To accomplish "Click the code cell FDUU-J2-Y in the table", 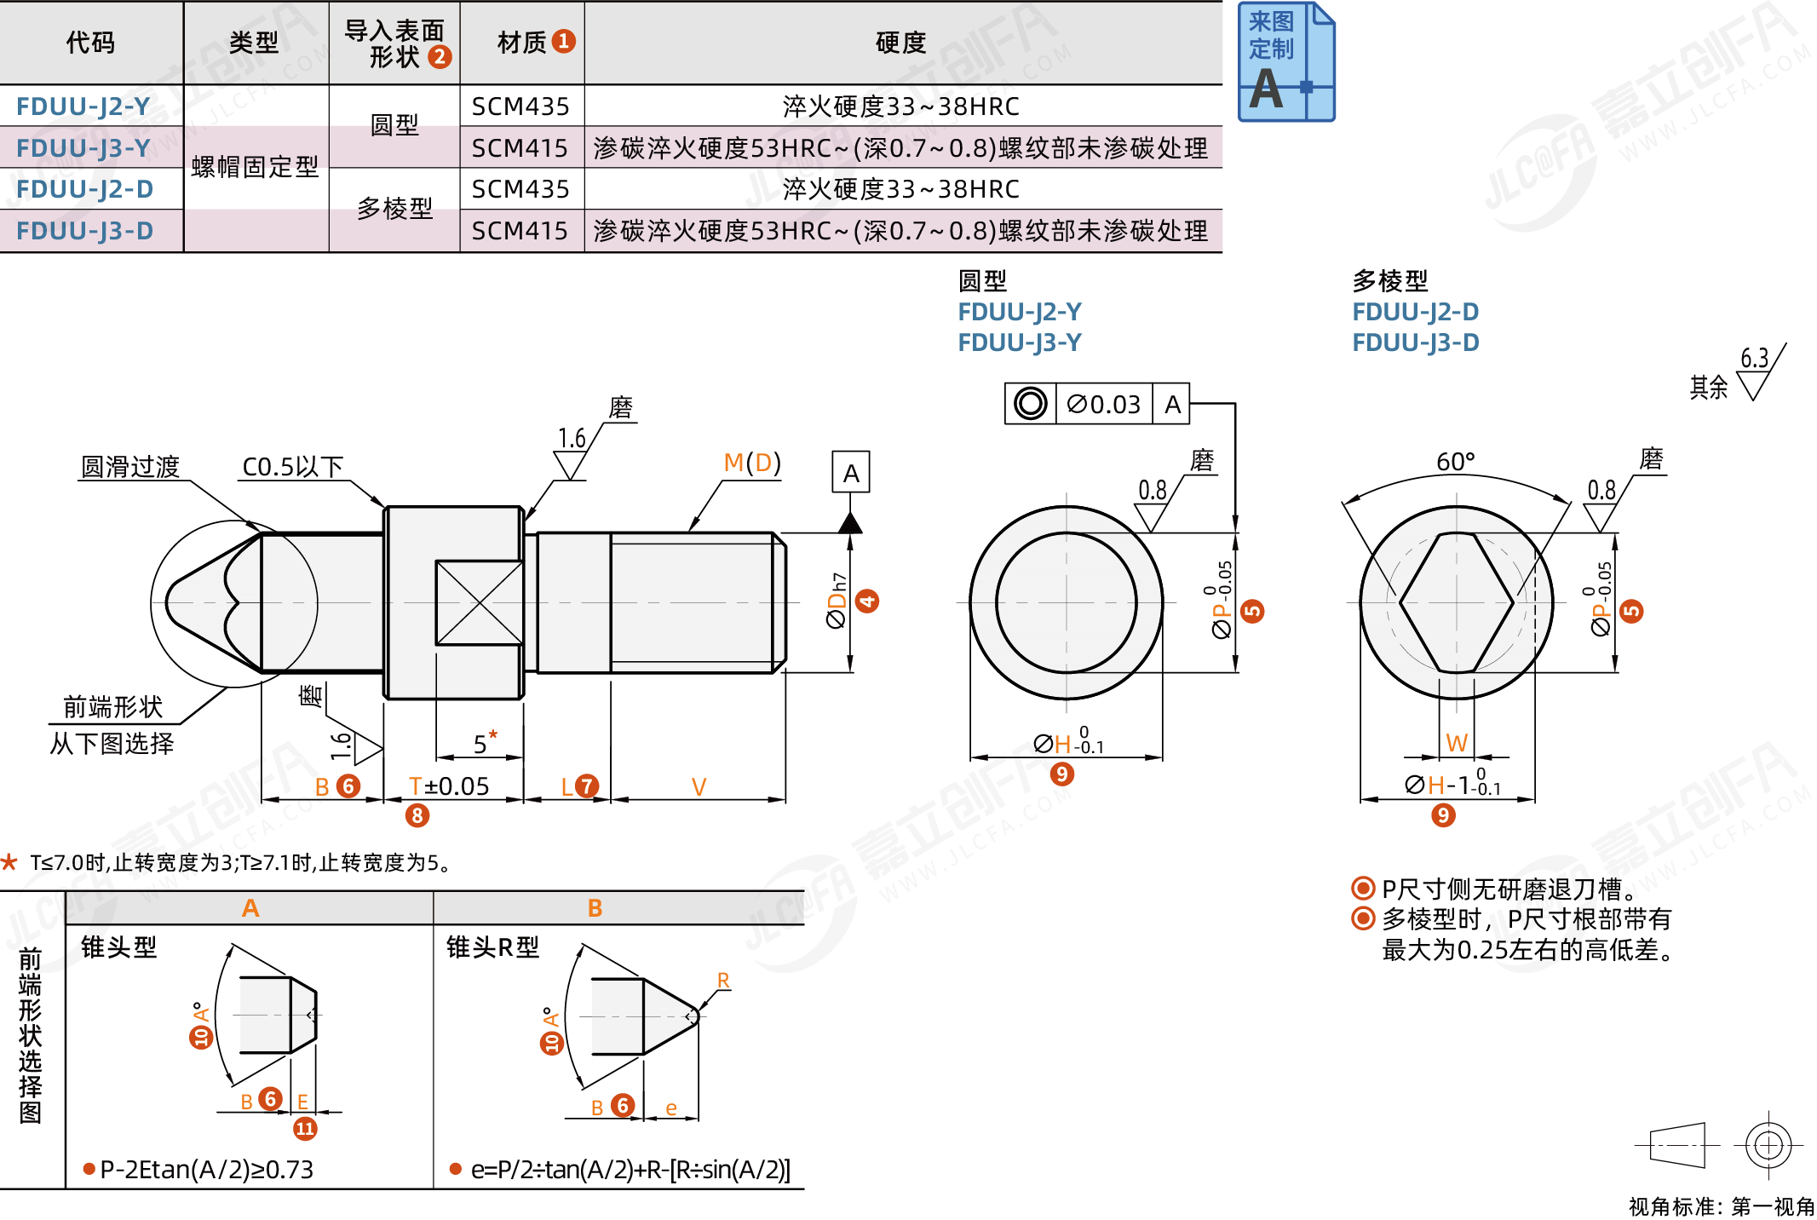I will (x=83, y=106).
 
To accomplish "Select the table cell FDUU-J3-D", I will (x=84, y=231).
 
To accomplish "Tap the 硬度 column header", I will (x=900, y=43).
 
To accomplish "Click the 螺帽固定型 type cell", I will (x=255, y=167).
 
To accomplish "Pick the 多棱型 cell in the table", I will (x=394, y=209).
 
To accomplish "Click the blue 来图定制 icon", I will (x=1285, y=62).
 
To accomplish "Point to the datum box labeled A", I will (x=850, y=473).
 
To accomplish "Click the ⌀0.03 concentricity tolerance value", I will (x=1103, y=404).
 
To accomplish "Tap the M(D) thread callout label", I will (x=751, y=463).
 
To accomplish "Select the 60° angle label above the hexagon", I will (x=1455, y=462).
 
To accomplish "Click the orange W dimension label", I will (x=1457, y=743).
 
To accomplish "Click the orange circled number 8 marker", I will (x=417, y=815).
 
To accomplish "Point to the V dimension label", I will (x=699, y=786).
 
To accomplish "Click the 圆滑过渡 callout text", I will (x=130, y=467).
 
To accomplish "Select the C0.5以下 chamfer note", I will (x=292, y=467).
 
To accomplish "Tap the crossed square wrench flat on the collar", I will (x=479, y=602).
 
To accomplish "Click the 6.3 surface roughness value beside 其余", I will (x=1754, y=358).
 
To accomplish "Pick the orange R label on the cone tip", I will (x=723, y=981).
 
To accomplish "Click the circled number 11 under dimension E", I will (x=305, y=1129).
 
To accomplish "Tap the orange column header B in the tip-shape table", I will (x=595, y=908).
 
